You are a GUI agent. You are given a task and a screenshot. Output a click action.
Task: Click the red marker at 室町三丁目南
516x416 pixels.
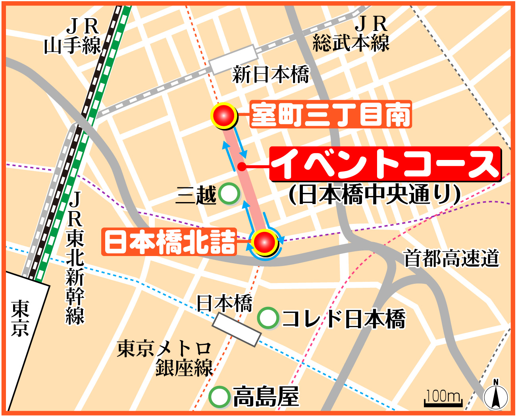(x=224, y=116)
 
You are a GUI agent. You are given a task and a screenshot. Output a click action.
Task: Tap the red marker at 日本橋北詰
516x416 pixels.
(x=265, y=242)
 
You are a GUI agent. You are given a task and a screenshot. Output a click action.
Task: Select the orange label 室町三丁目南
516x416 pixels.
(x=331, y=115)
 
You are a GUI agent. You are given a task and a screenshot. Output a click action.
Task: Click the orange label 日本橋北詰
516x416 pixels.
(x=169, y=242)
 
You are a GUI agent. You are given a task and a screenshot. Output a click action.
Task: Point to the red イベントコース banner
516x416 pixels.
(x=385, y=164)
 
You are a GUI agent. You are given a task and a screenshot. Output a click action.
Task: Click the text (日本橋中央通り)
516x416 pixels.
(x=374, y=195)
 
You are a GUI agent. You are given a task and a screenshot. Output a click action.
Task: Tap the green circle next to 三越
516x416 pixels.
(x=229, y=194)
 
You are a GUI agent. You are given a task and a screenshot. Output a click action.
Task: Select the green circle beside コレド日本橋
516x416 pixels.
(x=268, y=318)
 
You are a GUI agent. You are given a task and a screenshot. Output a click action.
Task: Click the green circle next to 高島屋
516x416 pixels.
(x=219, y=397)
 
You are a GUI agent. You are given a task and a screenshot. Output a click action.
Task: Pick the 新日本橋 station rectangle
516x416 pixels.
(x=233, y=60)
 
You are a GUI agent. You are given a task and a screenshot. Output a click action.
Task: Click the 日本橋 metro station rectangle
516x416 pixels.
(x=237, y=329)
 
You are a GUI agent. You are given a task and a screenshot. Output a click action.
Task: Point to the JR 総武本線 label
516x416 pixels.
(x=351, y=34)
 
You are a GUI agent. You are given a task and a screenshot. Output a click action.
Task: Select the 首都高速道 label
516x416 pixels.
(x=451, y=258)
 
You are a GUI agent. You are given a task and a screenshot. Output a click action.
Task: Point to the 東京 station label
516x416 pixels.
(x=20, y=318)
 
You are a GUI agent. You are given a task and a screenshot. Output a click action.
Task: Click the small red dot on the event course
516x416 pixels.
(x=241, y=166)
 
